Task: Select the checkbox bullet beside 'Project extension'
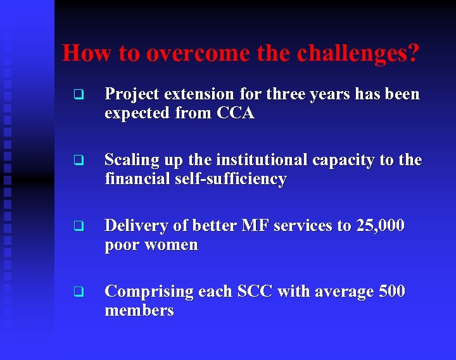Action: (x=78, y=96)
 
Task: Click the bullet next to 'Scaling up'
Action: (x=78, y=161)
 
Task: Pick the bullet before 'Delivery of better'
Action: (x=78, y=227)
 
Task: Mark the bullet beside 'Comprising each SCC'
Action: (x=78, y=292)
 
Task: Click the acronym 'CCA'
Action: (x=236, y=113)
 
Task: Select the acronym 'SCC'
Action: (x=256, y=292)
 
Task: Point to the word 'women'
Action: (x=172, y=245)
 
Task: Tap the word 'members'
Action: (x=139, y=311)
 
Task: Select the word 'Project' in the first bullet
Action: (x=132, y=94)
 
